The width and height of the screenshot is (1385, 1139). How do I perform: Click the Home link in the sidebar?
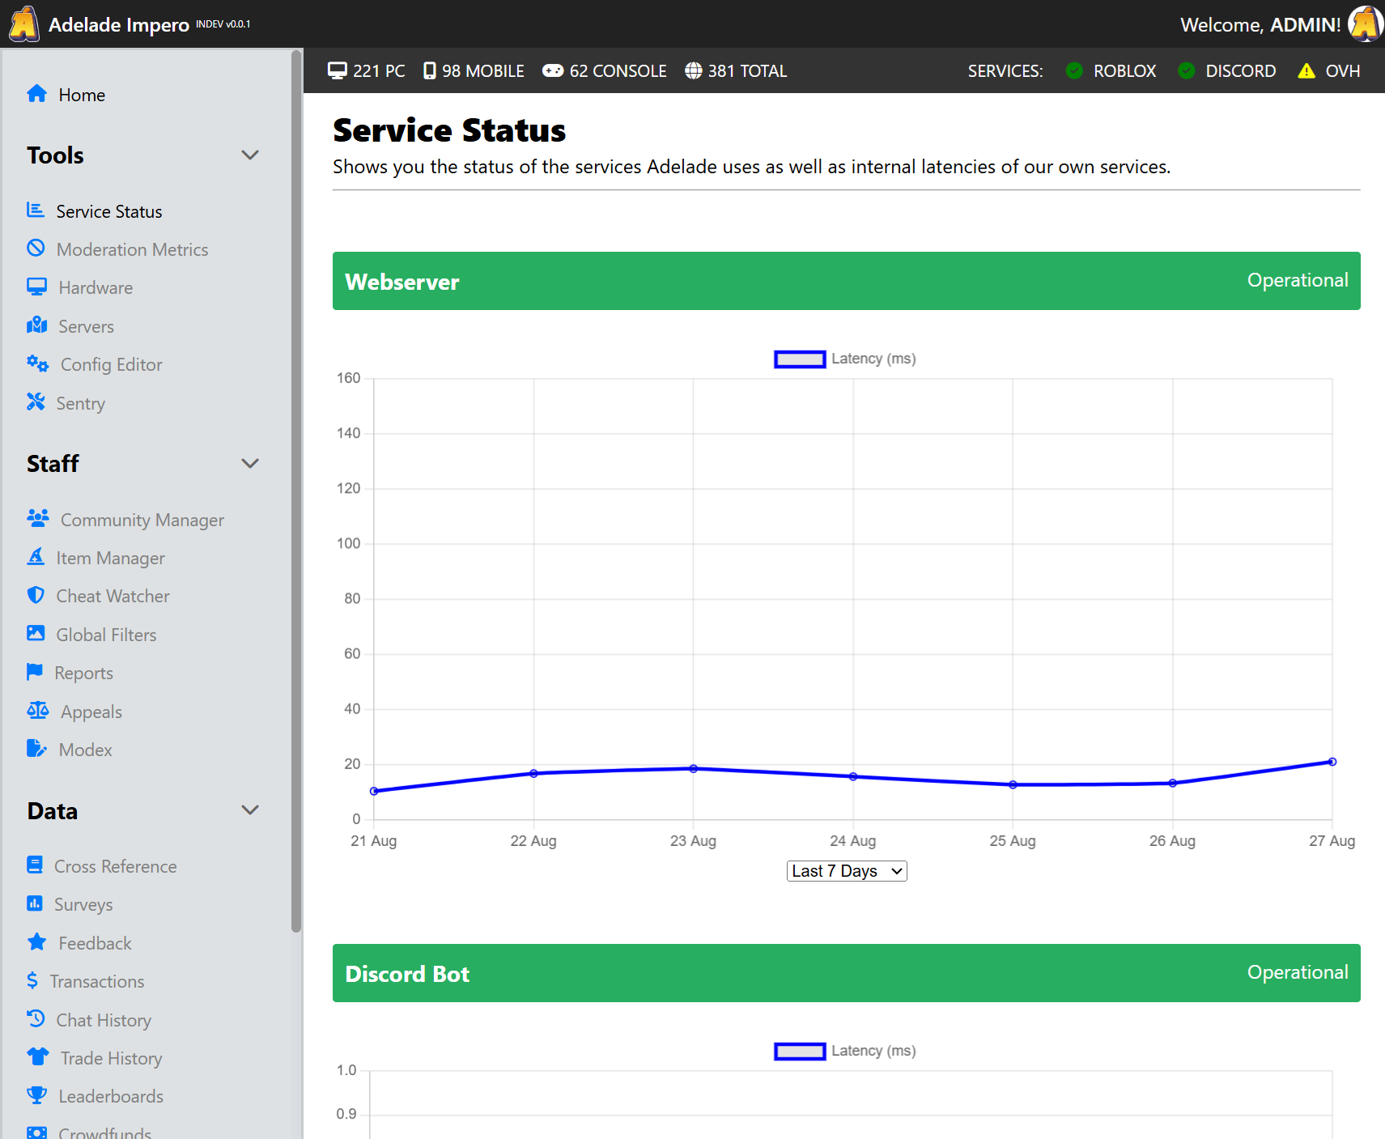tap(80, 95)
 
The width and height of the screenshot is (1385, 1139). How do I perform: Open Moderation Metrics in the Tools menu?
tap(132, 249)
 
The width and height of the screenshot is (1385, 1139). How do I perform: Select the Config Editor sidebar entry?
tap(111, 364)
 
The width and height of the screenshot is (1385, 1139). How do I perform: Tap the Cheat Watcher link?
tap(113, 597)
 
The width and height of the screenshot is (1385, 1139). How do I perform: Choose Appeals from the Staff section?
tap(91, 712)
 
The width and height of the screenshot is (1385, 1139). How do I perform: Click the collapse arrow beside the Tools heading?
tap(250, 155)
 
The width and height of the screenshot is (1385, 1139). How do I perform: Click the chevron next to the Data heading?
tap(250, 810)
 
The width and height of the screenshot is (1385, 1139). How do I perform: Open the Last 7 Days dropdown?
tap(846, 871)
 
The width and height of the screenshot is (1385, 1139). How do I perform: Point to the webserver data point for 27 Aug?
tap(1332, 762)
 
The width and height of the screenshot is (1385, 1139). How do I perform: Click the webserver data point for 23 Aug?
tap(693, 768)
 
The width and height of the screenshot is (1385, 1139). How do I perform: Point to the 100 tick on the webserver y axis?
tap(349, 543)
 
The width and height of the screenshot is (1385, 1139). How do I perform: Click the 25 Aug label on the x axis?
tap(1012, 841)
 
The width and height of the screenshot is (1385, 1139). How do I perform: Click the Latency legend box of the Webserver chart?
tap(800, 359)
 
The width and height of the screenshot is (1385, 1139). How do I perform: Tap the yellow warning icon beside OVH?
tap(1306, 71)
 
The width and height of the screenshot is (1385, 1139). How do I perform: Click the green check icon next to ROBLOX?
tap(1074, 71)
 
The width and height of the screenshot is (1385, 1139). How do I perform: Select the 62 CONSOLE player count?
tap(605, 71)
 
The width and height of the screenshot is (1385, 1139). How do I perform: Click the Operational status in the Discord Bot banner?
tap(1297, 972)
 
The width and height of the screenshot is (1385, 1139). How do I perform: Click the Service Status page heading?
tap(449, 130)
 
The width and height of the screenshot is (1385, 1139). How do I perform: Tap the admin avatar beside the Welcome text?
tap(1365, 23)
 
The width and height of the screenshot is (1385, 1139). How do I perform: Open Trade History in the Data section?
tap(111, 1058)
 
